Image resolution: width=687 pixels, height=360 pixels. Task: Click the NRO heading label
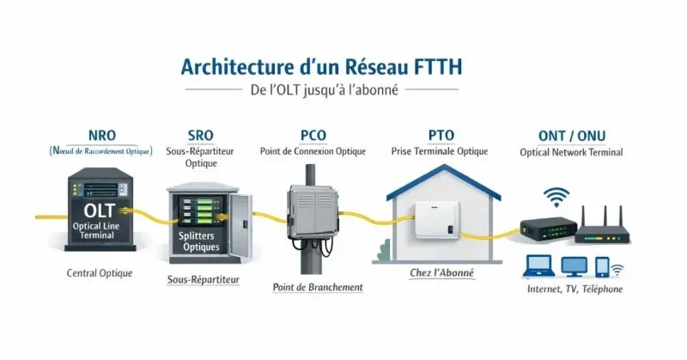pyautogui.click(x=102, y=134)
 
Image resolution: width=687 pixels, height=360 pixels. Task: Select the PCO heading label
pyautogui.click(x=313, y=134)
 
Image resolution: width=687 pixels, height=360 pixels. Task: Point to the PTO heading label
pyautogui.click(x=441, y=134)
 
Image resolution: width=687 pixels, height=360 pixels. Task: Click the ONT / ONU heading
pyautogui.click(x=571, y=134)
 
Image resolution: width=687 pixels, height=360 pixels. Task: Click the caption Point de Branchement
pyautogui.click(x=317, y=287)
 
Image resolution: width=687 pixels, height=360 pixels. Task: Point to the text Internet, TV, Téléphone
pyautogui.click(x=575, y=289)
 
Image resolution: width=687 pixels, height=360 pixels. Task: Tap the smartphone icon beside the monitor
pyautogui.click(x=602, y=265)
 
